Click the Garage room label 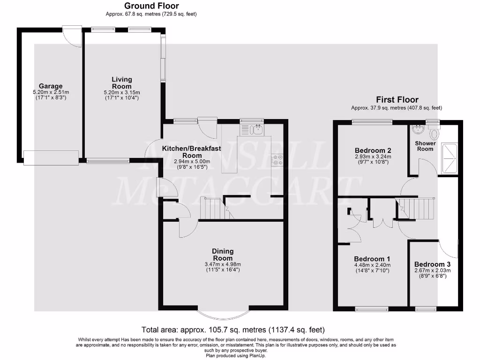click(51, 86)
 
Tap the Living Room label click(121, 82)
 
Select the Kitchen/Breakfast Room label click(192, 151)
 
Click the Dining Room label click(223, 255)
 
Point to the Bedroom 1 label click(372, 259)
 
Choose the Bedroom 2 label click(371, 150)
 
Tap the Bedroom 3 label click(432, 264)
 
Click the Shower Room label click(425, 146)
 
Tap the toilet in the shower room click(434, 134)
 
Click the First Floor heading click(397, 100)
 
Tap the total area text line click(233, 330)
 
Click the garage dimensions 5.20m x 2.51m click(51, 92)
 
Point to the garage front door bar click(51, 157)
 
